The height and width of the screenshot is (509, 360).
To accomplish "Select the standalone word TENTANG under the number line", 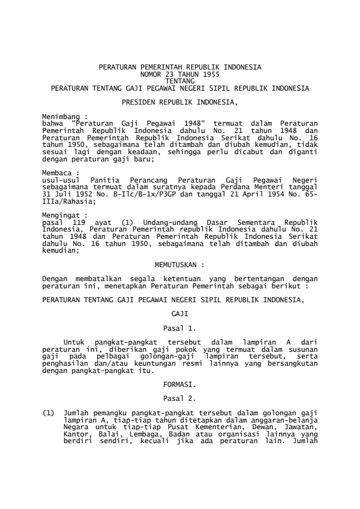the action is (x=180, y=79).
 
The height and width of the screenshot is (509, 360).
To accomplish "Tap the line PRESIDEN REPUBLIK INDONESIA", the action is (x=180, y=103).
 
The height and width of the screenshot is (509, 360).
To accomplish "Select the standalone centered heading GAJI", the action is (x=180, y=314).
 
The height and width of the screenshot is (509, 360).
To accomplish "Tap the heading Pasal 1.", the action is (x=180, y=328).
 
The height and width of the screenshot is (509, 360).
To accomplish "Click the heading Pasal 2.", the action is (x=180, y=400).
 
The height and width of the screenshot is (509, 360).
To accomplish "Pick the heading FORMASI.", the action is (x=180, y=385).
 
